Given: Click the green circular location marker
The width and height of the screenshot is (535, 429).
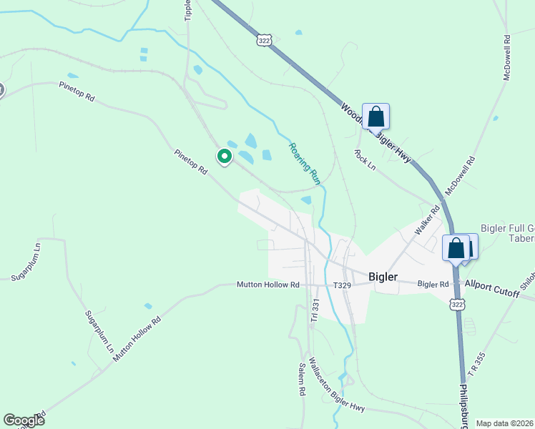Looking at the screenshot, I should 224,156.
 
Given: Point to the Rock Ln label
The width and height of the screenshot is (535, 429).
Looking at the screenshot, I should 365,159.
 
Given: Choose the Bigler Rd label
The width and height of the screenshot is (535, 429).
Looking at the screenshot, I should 433,284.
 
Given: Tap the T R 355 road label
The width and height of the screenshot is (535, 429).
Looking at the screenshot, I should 476,365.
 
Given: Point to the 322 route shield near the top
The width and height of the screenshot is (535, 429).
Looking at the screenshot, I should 265,41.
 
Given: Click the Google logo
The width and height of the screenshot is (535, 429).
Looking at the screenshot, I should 24,420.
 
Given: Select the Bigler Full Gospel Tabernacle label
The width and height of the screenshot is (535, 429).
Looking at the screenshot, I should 507,234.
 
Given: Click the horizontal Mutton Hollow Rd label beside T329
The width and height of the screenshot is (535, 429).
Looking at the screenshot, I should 268,285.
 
